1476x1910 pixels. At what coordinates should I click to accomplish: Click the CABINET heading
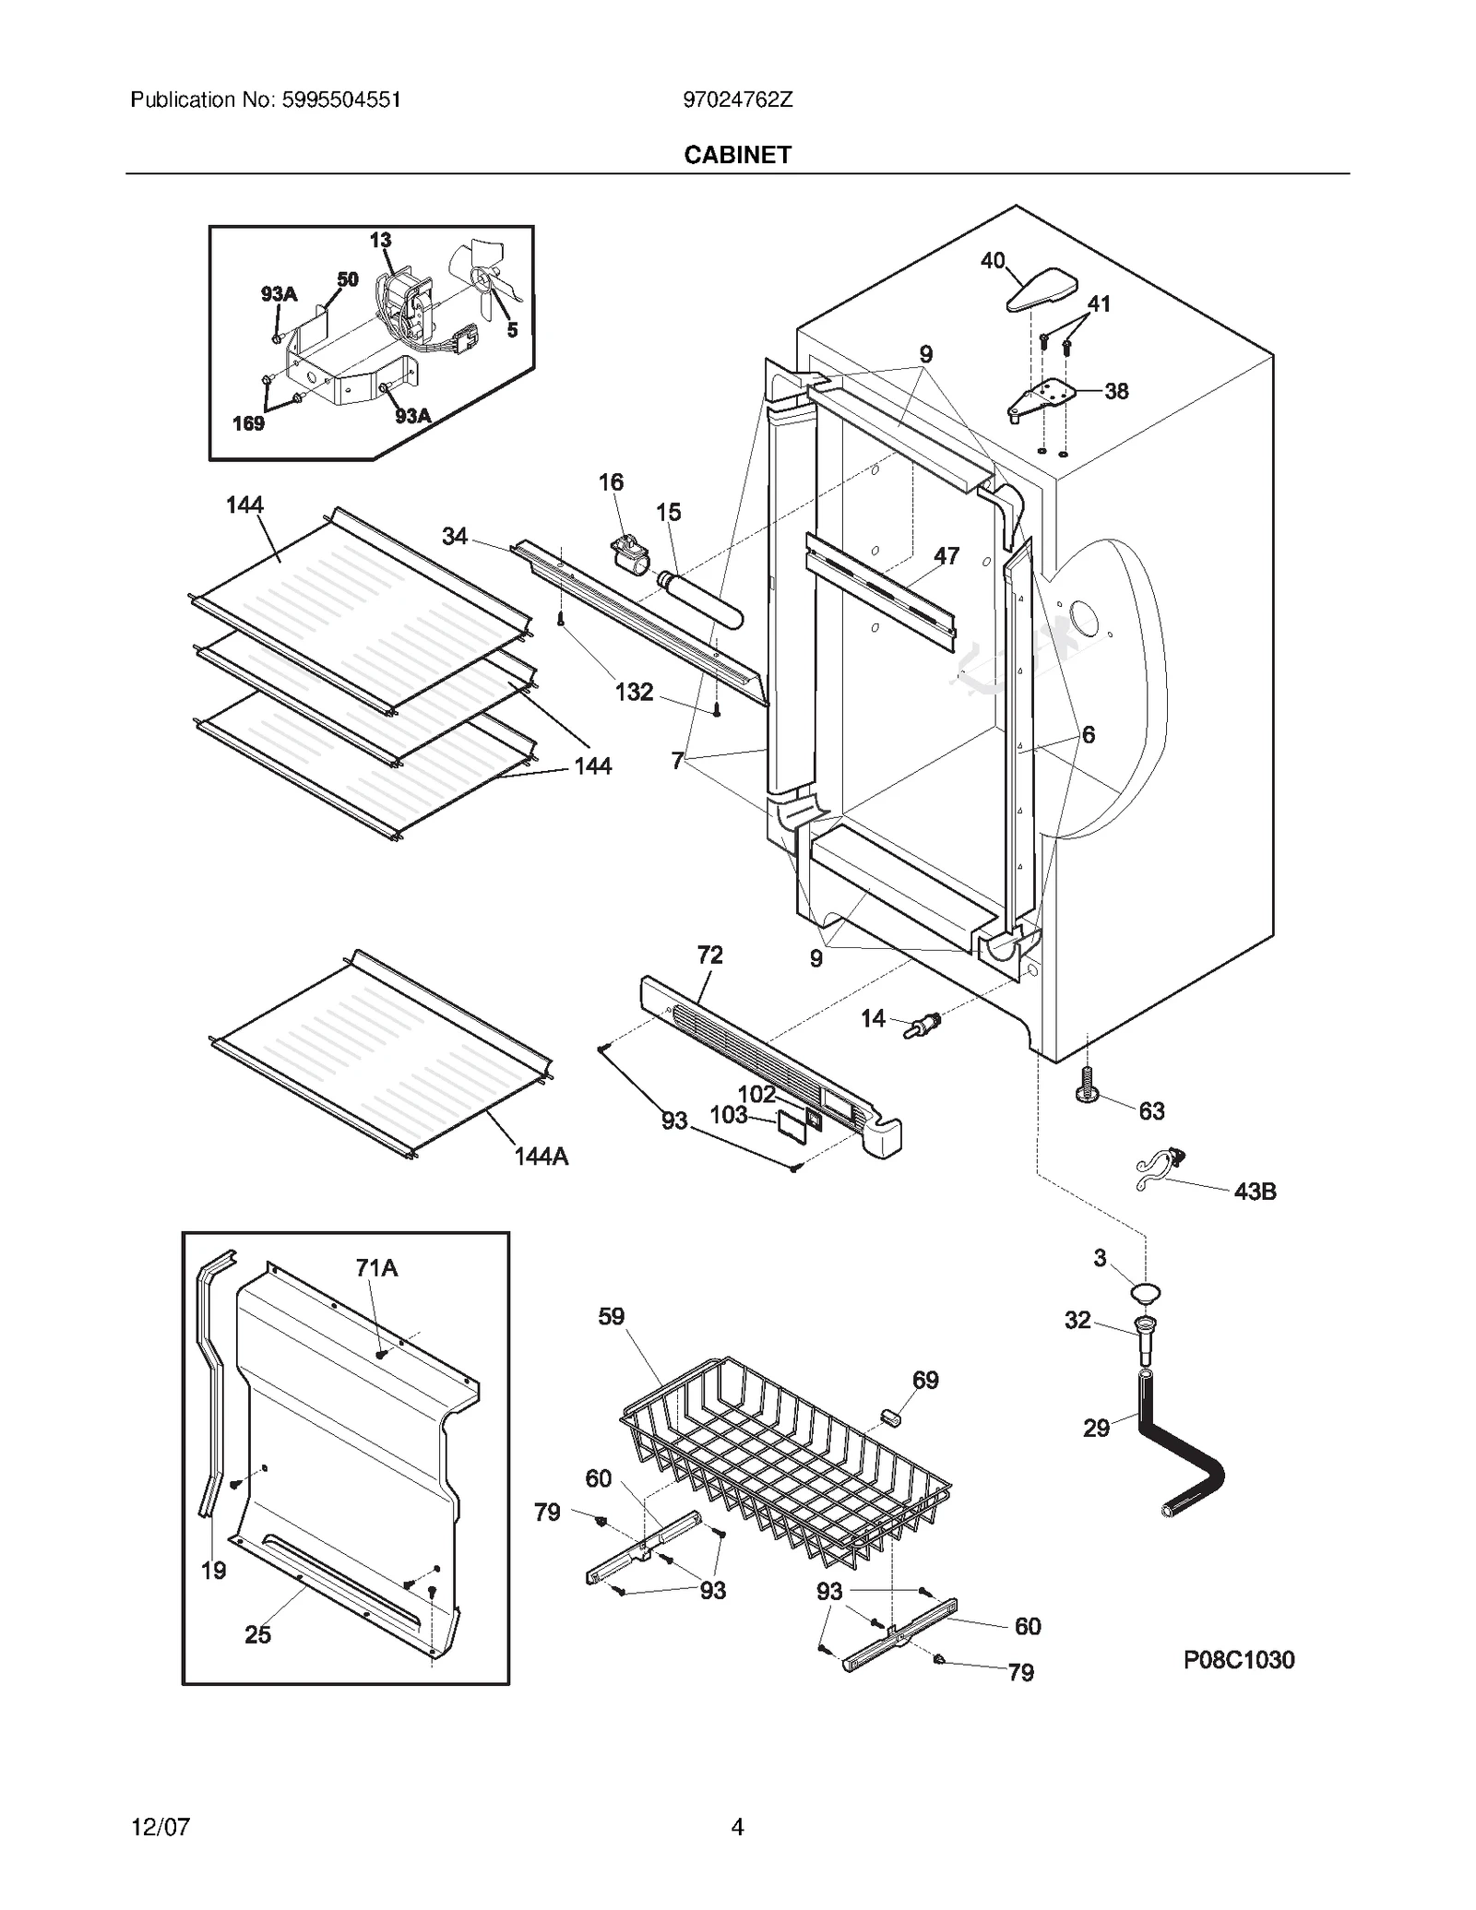tap(737, 155)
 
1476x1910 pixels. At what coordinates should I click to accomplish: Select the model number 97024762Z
tap(737, 101)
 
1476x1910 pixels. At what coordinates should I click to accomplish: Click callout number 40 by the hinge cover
tap(993, 261)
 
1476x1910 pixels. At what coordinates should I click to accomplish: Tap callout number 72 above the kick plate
tap(709, 955)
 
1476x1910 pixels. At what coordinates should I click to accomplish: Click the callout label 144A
tap(541, 1157)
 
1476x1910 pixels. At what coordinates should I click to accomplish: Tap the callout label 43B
tap(1255, 1192)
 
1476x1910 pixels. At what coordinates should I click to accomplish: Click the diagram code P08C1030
tap(1238, 1660)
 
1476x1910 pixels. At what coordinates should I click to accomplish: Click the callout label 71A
tap(376, 1268)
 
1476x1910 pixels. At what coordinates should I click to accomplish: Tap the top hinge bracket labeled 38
tap(1042, 397)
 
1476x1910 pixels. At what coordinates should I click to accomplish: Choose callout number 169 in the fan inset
tap(248, 423)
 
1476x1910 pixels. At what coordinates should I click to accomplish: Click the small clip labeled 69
tap(890, 1417)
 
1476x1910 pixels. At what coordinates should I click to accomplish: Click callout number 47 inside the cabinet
tap(946, 555)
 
